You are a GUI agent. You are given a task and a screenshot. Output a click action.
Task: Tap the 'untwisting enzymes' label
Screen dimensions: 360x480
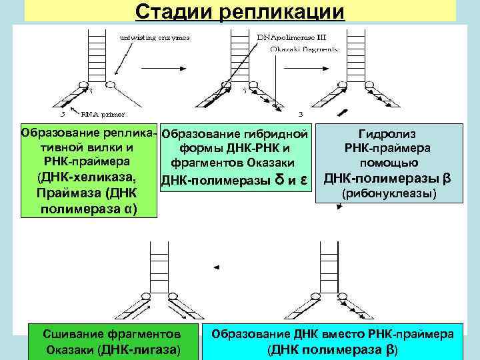154,37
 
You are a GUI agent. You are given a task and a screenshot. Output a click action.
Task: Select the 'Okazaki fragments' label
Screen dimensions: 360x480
305,49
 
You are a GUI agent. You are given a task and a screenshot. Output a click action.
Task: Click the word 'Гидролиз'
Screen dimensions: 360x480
387,134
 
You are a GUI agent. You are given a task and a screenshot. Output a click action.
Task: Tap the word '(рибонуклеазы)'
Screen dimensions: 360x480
388,194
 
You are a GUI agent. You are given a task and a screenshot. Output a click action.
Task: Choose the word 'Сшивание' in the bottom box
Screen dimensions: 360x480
72,333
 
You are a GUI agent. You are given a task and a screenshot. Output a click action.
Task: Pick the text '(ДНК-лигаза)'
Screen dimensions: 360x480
139,349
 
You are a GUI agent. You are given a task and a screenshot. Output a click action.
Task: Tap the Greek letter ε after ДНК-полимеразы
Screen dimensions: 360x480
303,179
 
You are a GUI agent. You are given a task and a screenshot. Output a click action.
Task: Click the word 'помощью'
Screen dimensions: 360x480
389,163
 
